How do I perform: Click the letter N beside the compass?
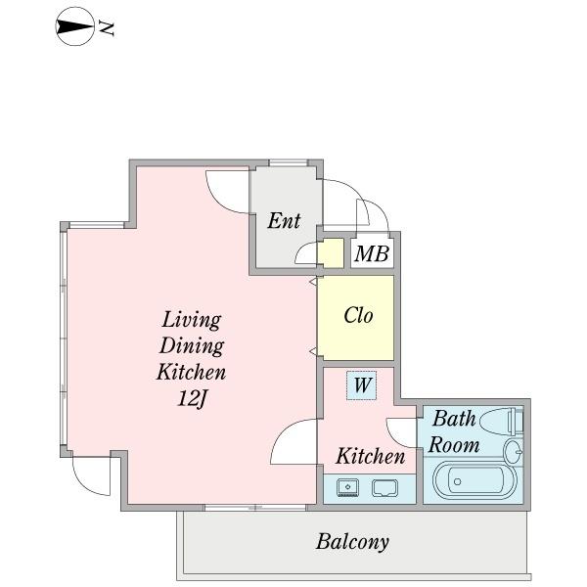click(107, 28)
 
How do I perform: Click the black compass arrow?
click(74, 27)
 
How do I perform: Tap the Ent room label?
click(284, 221)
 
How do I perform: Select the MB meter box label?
click(372, 253)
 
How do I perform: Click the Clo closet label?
click(358, 315)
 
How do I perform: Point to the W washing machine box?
click(361, 385)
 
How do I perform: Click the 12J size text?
click(192, 399)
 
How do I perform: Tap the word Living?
click(192, 321)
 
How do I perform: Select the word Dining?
click(192, 346)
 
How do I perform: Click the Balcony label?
click(352, 542)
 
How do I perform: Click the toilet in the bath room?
click(501, 422)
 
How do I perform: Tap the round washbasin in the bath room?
click(514, 451)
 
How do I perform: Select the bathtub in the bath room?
click(474, 481)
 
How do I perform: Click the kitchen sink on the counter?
click(347, 487)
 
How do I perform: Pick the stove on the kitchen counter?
click(385, 488)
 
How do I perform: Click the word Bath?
click(454, 419)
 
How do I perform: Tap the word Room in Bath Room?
click(454, 445)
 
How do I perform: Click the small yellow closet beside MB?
click(331, 253)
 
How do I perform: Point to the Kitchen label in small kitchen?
click(370, 456)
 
